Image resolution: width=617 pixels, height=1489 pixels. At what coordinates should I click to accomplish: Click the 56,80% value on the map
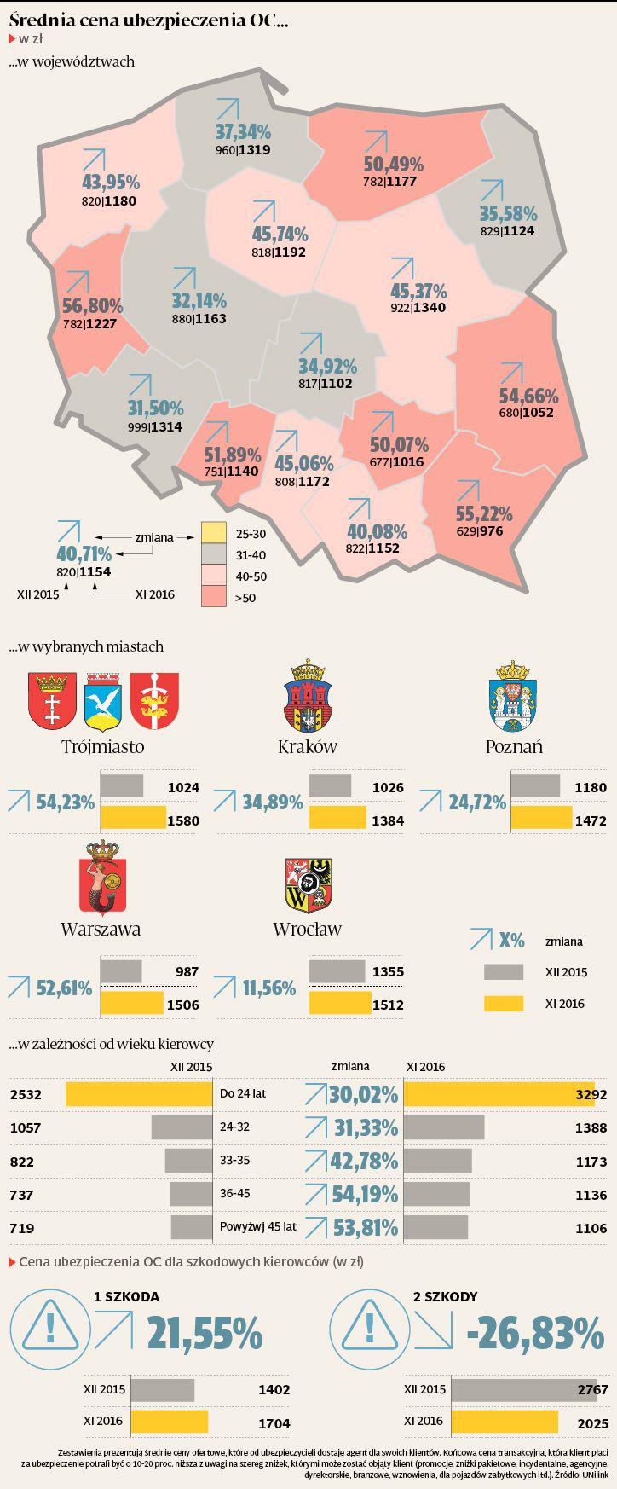click(93, 305)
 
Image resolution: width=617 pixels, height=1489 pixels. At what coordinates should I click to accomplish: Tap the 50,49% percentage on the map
click(393, 164)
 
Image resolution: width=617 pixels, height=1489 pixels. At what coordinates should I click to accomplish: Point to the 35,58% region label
click(508, 213)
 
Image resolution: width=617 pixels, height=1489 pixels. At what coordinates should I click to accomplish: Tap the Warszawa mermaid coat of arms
click(101, 878)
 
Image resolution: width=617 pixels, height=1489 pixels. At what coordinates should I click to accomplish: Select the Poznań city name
click(514, 746)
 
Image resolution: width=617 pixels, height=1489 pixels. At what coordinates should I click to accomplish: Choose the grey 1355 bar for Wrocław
click(336, 971)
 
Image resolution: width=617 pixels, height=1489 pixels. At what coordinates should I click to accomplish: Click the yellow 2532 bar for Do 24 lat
click(139, 1094)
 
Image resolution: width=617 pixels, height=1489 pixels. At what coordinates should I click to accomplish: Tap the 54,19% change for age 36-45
click(365, 1194)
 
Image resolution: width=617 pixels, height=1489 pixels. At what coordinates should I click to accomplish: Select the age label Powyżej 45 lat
click(257, 1227)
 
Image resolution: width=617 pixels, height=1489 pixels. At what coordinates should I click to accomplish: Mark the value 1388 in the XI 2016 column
click(590, 1127)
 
